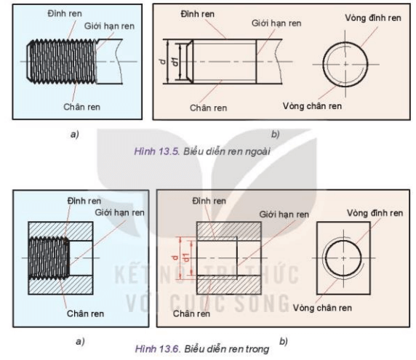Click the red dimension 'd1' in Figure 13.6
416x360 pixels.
coord(188,257)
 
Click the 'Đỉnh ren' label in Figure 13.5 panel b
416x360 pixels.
coord(198,14)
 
